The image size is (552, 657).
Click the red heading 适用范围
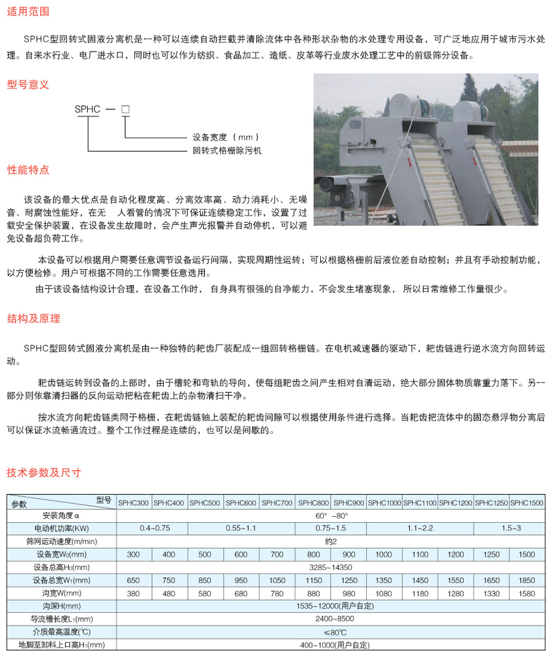coord(28,12)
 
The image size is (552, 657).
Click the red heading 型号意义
coord(28,85)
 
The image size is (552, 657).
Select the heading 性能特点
coord(28,169)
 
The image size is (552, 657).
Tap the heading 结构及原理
coord(34,319)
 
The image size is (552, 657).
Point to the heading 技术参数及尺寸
coord(44,473)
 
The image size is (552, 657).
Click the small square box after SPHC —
coord(125,110)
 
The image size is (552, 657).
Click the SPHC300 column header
coord(134,503)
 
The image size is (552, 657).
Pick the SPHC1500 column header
coord(527,503)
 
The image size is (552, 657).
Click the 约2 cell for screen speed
coord(331,541)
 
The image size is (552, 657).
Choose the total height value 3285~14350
coord(331,567)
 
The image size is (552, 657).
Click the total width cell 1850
coord(527,580)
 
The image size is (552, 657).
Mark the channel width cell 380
coord(134,593)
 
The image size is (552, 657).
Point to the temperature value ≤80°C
coord(331,632)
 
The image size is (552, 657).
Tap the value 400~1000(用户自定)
coord(331,645)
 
